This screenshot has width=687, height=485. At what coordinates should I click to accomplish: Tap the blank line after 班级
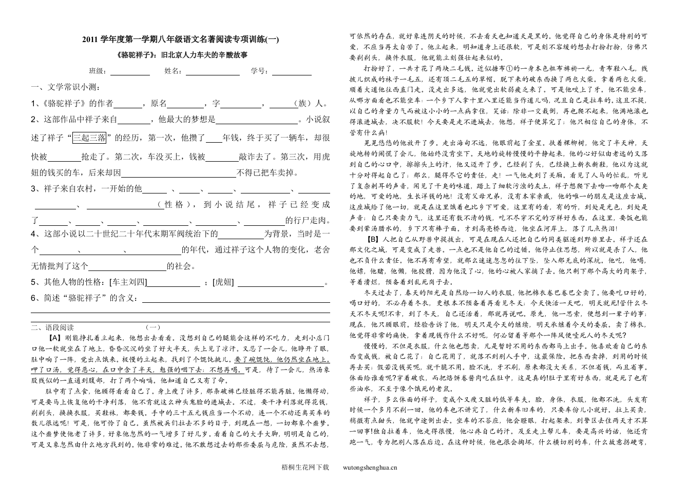(x=130, y=72)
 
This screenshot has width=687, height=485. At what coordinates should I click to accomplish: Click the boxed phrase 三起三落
(x=90, y=138)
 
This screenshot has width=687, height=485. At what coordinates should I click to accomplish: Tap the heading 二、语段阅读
(x=52, y=327)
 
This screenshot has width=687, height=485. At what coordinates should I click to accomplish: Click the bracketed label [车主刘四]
(x=128, y=282)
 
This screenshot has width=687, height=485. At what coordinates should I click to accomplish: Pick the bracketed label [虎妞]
(x=223, y=282)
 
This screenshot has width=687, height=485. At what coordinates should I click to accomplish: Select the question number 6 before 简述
(x=33, y=298)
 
